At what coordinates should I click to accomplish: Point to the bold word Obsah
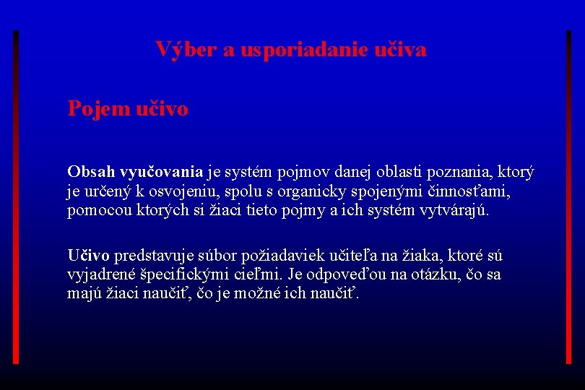[90, 172]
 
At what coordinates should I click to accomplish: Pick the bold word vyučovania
[160, 172]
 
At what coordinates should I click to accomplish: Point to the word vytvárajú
[452, 211]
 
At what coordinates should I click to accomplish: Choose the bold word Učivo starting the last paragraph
[89, 255]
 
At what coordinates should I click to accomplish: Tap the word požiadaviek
[272, 255]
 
